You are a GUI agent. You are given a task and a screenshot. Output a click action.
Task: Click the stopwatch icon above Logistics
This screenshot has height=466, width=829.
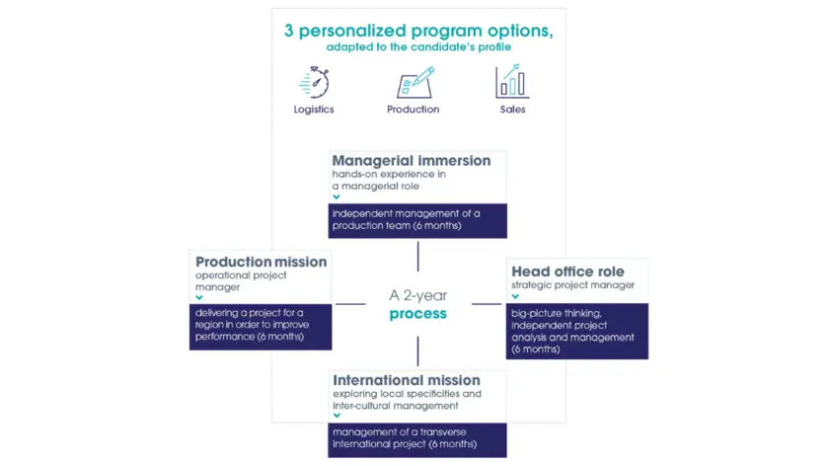point(314,80)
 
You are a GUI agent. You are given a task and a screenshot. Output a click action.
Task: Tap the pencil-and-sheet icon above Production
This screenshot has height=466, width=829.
point(414,81)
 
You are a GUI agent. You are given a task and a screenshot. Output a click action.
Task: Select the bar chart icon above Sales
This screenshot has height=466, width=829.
point(511,80)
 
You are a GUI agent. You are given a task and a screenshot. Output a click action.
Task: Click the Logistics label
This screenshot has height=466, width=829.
point(314,110)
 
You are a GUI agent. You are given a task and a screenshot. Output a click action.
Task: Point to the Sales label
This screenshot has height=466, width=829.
point(512,110)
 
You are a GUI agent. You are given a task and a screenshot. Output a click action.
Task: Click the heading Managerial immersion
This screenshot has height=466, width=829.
point(411,160)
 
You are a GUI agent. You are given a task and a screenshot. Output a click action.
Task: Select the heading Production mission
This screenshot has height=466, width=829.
point(261,262)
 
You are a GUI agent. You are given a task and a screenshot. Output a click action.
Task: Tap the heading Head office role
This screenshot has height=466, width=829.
point(567,272)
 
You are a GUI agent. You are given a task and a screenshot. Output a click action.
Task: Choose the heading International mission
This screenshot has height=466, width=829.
point(407,380)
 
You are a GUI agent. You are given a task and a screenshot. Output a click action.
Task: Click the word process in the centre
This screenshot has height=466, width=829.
point(417,314)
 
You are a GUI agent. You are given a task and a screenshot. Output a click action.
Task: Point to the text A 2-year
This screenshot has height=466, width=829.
point(417,295)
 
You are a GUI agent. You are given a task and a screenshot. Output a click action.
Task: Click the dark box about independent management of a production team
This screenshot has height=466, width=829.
point(417,220)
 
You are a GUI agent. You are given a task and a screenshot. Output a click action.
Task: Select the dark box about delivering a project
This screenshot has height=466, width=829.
point(261,326)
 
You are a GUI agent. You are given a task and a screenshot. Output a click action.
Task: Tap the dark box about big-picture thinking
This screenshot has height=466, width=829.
point(578,330)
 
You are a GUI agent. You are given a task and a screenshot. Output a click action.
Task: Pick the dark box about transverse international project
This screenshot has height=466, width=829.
point(417,439)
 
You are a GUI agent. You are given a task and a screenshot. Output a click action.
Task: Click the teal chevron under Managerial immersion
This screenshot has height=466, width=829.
point(337,196)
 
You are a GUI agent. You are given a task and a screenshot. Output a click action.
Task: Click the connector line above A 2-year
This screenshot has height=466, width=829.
point(417,255)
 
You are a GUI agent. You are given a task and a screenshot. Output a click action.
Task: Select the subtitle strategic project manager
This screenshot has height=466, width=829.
point(572,286)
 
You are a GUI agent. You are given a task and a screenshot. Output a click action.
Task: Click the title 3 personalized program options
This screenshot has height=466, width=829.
point(418,31)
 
